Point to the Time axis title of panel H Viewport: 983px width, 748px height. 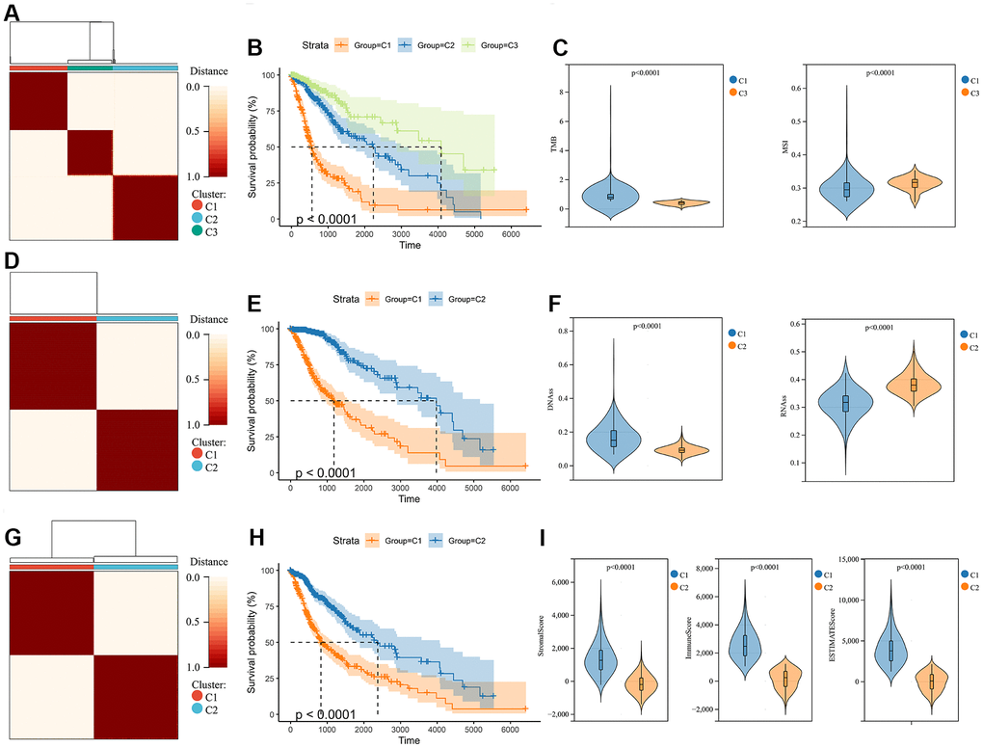(409, 740)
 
